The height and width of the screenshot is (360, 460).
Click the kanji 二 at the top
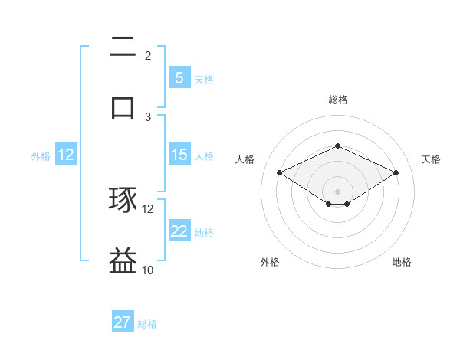[x=123, y=48]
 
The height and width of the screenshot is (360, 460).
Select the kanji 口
[x=123, y=107]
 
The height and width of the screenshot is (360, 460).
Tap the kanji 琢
[x=123, y=201]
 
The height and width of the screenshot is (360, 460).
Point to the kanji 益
[x=123, y=260]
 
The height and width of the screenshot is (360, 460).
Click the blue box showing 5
[x=179, y=78]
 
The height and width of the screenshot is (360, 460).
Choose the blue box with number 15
[x=179, y=155]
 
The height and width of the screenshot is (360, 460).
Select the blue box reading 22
[x=179, y=231]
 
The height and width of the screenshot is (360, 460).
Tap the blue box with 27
[x=123, y=322]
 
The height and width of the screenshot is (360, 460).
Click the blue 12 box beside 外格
[x=66, y=155]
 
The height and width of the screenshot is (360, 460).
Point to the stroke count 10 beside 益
[x=148, y=270]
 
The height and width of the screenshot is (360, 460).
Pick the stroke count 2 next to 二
[x=148, y=56]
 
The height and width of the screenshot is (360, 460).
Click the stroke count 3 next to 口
[x=148, y=116]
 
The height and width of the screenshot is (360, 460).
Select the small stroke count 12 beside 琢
[x=148, y=208]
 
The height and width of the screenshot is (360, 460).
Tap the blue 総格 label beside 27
[x=147, y=324]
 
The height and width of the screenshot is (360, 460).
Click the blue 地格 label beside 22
[x=204, y=233]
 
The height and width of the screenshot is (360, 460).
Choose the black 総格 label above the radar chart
[x=337, y=100]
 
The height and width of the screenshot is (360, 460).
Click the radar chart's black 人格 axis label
[x=245, y=159]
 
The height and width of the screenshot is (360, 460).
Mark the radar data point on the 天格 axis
[x=396, y=172]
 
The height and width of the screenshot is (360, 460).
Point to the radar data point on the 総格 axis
[x=337, y=146]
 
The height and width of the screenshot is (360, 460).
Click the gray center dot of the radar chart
[x=337, y=191]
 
